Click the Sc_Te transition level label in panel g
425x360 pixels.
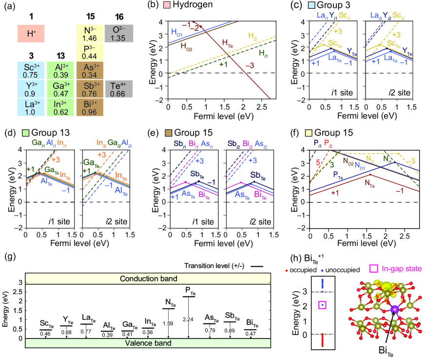coord(46,324)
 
